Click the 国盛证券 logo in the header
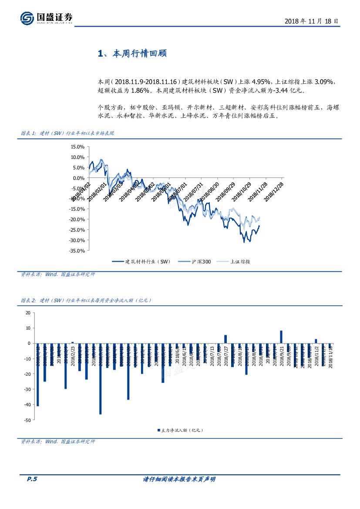click(x=46, y=18)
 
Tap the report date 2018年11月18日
click(x=311, y=21)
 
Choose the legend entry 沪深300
click(x=201, y=262)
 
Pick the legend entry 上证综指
click(x=240, y=262)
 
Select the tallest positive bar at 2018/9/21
click(x=281, y=337)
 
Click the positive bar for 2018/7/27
click(x=225, y=339)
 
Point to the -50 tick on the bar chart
click(x=27, y=420)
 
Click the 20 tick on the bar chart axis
click(x=28, y=313)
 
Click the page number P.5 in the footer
click(x=32, y=479)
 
